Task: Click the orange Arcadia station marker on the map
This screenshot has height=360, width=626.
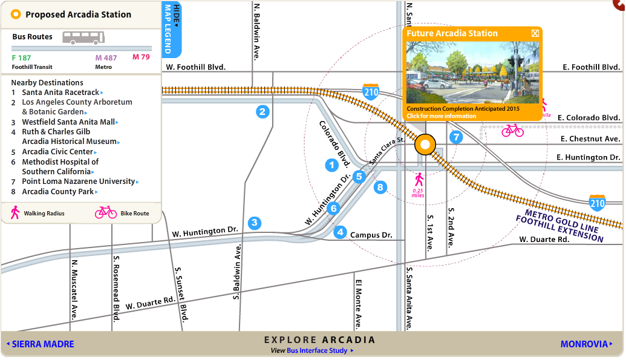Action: pyautogui.click(x=425, y=145)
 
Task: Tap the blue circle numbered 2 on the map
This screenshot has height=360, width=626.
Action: pyautogui.click(x=262, y=111)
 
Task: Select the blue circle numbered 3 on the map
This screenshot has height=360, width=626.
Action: pyautogui.click(x=255, y=223)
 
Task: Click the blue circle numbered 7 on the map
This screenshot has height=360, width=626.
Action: pyautogui.click(x=456, y=137)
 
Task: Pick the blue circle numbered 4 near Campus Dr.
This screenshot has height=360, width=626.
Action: pyautogui.click(x=341, y=232)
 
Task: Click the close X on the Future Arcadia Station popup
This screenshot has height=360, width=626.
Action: pyautogui.click(x=535, y=33)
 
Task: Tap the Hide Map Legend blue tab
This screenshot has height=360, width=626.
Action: pyautogui.click(x=172, y=28)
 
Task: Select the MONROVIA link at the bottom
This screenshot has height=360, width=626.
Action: pyautogui.click(x=584, y=344)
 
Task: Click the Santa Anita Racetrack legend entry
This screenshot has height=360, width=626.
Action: pyautogui.click(x=60, y=93)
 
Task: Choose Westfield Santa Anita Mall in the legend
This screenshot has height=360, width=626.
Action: pyautogui.click(x=68, y=122)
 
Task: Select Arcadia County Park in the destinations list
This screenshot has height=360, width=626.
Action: pyautogui.click(x=58, y=192)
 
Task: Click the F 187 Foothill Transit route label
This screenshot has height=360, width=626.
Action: pyautogui.click(x=22, y=58)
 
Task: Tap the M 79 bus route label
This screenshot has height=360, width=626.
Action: pyautogui.click(x=141, y=57)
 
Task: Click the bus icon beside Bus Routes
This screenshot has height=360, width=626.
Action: pyautogui.click(x=83, y=38)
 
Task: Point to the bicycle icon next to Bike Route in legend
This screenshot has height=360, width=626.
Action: pyautogui.click(x=106, y=212)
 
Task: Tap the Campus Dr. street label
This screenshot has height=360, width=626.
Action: pyautogui.click(x=371, y=235)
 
